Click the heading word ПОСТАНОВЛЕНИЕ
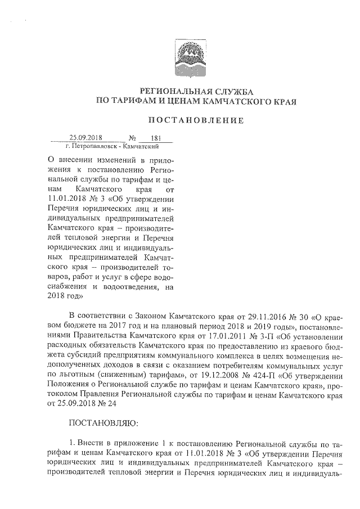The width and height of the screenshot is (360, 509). click(196, 119)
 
